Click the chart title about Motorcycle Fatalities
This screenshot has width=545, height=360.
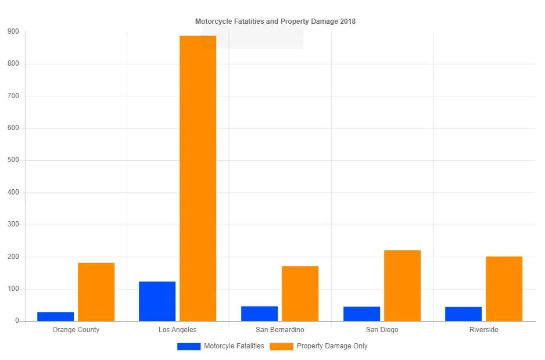click(x=275, y=21)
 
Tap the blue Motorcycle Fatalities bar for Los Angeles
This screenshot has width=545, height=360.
click(x=157, y=301)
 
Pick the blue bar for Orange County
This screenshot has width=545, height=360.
click(x=56, y=316)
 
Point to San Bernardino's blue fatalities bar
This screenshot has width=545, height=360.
click(x=259, y=314)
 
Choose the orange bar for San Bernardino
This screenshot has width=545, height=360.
click(x=300, y=294)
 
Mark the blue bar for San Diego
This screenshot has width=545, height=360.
click(x=361, y=314)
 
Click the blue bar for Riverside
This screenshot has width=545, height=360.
click(x=463, y=314)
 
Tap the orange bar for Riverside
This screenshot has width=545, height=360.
click(x=504, y=289)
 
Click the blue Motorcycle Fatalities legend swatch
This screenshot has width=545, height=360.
click(x=189, y=346)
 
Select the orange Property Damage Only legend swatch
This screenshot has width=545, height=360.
click(x=281, y=346)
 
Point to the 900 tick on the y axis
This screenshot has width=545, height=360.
click(x=12, y=31)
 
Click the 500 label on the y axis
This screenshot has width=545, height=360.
click(x=12, y=160)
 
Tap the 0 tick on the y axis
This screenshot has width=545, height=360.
click(x=17, y=321)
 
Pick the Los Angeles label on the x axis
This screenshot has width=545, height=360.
click(x=177, y=330)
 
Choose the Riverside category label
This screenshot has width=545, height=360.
click(x=483, y=330)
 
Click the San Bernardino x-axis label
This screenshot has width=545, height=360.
click(x=279, y=330)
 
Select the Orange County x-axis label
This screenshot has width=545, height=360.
click(x=76, y=330)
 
